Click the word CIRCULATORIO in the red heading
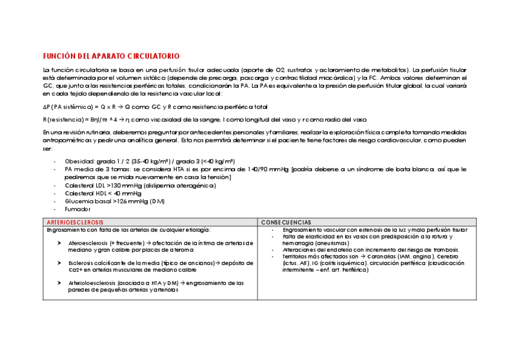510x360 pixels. [x=153, y=56]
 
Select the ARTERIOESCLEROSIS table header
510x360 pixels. [x=75, y=222]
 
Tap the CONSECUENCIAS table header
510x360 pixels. [x=286, y=222]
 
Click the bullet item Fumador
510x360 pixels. [x=78, y=209]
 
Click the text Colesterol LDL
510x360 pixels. [x=85, y=186]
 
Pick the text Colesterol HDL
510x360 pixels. [x=85, y=194]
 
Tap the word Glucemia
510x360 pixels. [x=78, y=201]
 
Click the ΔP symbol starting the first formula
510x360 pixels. [x=46, y=106]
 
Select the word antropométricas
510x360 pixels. [x=66, y=140]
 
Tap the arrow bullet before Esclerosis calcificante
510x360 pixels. [x=59, y=263]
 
